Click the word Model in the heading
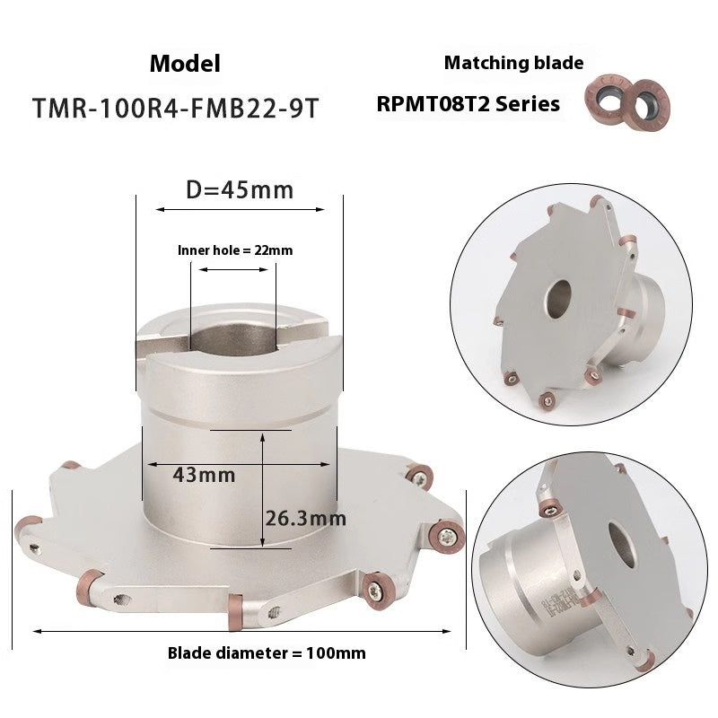click(x=185, y=64)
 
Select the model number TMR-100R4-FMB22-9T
click(x=175, y=108)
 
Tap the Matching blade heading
click(x=513, y=63)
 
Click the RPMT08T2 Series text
click(x=468, y=104)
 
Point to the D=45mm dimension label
click(x=240, y=189)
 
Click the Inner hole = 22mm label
click(x=235, y=250)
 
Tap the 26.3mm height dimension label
click(x=305, y=518)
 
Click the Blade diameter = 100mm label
click(x=267, y=652)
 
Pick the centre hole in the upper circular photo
click(x=558, y=295)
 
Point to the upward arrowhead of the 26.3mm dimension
click(x=262, y=439)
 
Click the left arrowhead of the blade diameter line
click(x=37, y=632)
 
